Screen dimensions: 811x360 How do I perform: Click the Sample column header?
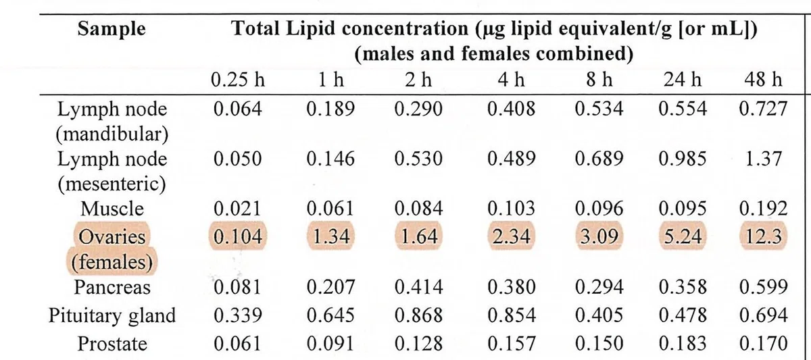pos(112,29)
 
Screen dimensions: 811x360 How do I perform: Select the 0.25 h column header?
pos(238,79)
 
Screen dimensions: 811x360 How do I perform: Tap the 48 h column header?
pos(763,79)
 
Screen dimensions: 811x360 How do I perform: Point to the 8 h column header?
pos(599,79)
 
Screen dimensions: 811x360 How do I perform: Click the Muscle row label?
pos(112,209)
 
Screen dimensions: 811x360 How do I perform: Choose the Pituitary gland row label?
pos(112,316)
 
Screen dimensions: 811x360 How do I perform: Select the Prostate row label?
pos(112,344)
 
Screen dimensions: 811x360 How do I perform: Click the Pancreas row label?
pos(112,288)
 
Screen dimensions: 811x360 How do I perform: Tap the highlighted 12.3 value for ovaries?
pos(763,236)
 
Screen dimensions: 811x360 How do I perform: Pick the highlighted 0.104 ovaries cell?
pos(237,236)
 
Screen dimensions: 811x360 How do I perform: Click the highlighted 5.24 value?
pos(683,236)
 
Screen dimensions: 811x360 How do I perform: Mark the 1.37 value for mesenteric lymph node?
pos(763,159)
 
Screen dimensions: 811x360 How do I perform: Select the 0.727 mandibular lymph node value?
pos(763,109)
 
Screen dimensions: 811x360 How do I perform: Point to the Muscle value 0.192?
pos(763,209)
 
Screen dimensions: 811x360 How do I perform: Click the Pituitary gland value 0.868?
pos(418,316)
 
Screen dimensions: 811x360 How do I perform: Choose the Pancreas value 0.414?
pos(418,288)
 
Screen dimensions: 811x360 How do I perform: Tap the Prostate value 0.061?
pos(237,344)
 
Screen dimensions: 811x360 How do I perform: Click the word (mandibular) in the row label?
pos(112,134)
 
